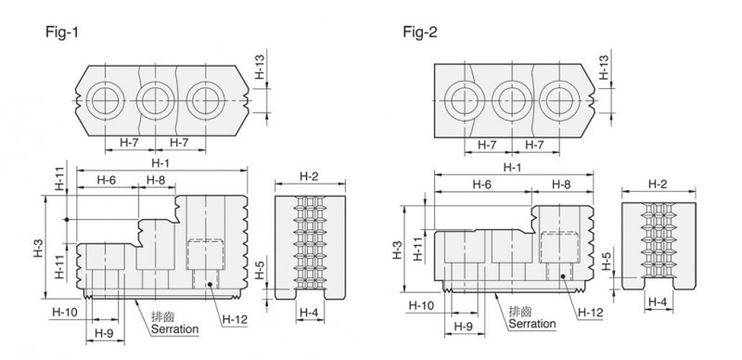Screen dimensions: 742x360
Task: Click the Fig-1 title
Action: (62, 32)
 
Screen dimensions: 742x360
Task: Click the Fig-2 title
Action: (420, 32)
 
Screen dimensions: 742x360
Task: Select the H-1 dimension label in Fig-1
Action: (160, 163)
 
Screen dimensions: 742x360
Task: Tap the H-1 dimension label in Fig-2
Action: (512, 167)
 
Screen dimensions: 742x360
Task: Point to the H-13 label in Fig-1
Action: (260, 69)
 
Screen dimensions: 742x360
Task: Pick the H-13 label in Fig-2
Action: (604, 67)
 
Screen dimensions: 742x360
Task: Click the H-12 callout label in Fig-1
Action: (236, 320)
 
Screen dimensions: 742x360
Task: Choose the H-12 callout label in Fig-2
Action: (591, 313)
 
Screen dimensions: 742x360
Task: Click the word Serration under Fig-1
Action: (174, 328)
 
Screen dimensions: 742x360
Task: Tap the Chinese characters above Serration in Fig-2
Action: (519, 311)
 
